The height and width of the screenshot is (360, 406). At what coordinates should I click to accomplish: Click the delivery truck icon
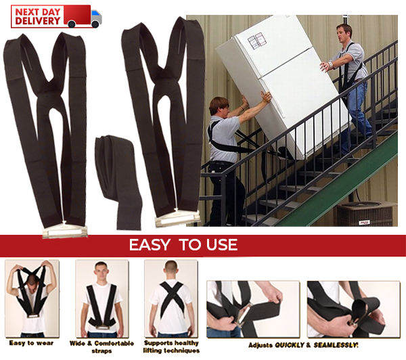click(x=83, y=16)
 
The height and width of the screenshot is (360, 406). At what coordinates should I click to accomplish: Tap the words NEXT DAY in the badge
click(x=37, y=12)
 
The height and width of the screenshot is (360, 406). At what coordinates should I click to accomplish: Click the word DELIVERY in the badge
click(x=37, y=21)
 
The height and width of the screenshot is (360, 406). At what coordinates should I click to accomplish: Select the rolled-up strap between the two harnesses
click(x=118, y=181)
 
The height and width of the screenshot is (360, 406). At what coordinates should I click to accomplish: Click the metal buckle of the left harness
click(x=65, y=231)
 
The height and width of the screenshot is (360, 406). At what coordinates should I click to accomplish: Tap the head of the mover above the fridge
click(x=344, y=32)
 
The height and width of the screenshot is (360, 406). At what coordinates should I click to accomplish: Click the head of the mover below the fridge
click(x=219, y=106)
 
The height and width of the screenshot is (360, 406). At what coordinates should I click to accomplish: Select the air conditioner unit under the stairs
click(x=365, y=214)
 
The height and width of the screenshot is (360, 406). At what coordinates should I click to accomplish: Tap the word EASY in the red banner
click(x=150, y=245)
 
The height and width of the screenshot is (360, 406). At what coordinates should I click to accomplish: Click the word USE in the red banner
click(x=222, y=245)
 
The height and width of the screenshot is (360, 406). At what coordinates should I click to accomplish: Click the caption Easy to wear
click(x=31, y=343)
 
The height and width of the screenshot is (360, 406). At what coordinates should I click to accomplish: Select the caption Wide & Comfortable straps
click(x=101, y=347)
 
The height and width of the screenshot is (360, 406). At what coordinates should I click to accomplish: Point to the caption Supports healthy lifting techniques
click(x=171, y=346)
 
